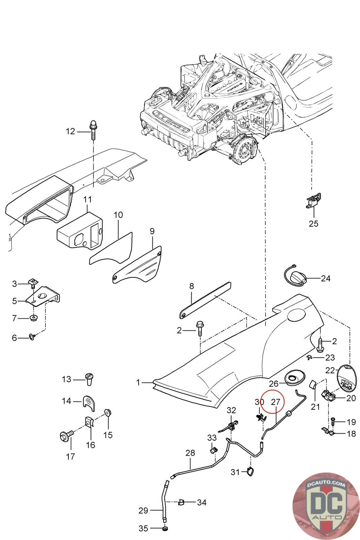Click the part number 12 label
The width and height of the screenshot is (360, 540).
pos(70,131)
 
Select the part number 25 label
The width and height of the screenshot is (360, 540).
pos(313,223)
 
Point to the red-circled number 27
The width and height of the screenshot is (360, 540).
pos(275,402)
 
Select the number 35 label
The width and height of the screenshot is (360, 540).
pos(143,528)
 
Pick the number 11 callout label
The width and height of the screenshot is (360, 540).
pos(87,199)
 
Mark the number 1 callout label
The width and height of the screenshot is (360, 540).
pos(138,382)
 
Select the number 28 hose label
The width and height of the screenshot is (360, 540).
pos(190,453)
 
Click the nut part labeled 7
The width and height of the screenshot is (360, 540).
pos(34,318)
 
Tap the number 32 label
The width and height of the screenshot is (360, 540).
pos(231,410)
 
